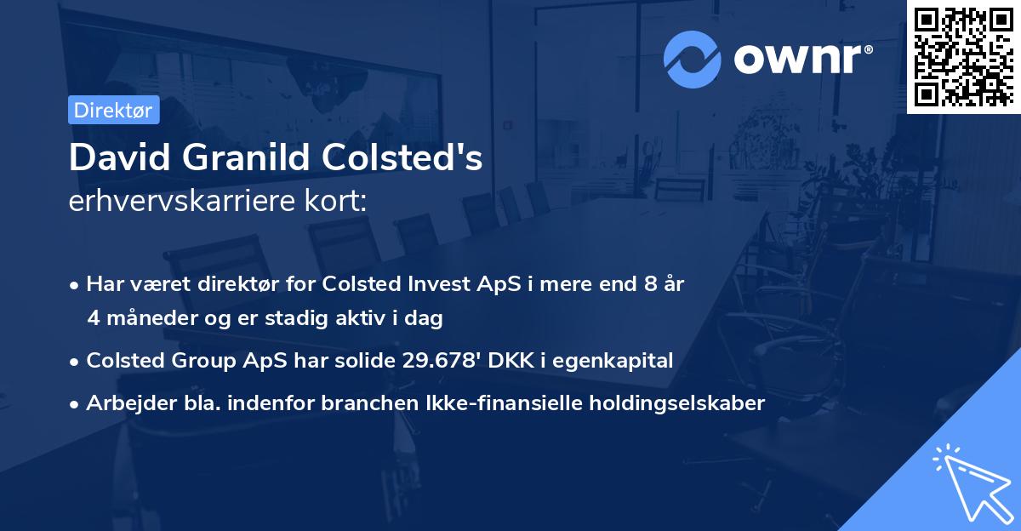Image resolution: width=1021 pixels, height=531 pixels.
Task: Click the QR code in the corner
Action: (x=963, y=56)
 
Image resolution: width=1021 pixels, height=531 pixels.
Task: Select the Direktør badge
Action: (x=113, y=110)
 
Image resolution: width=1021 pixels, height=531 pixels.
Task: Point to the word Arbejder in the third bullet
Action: (x=123, y=403)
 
